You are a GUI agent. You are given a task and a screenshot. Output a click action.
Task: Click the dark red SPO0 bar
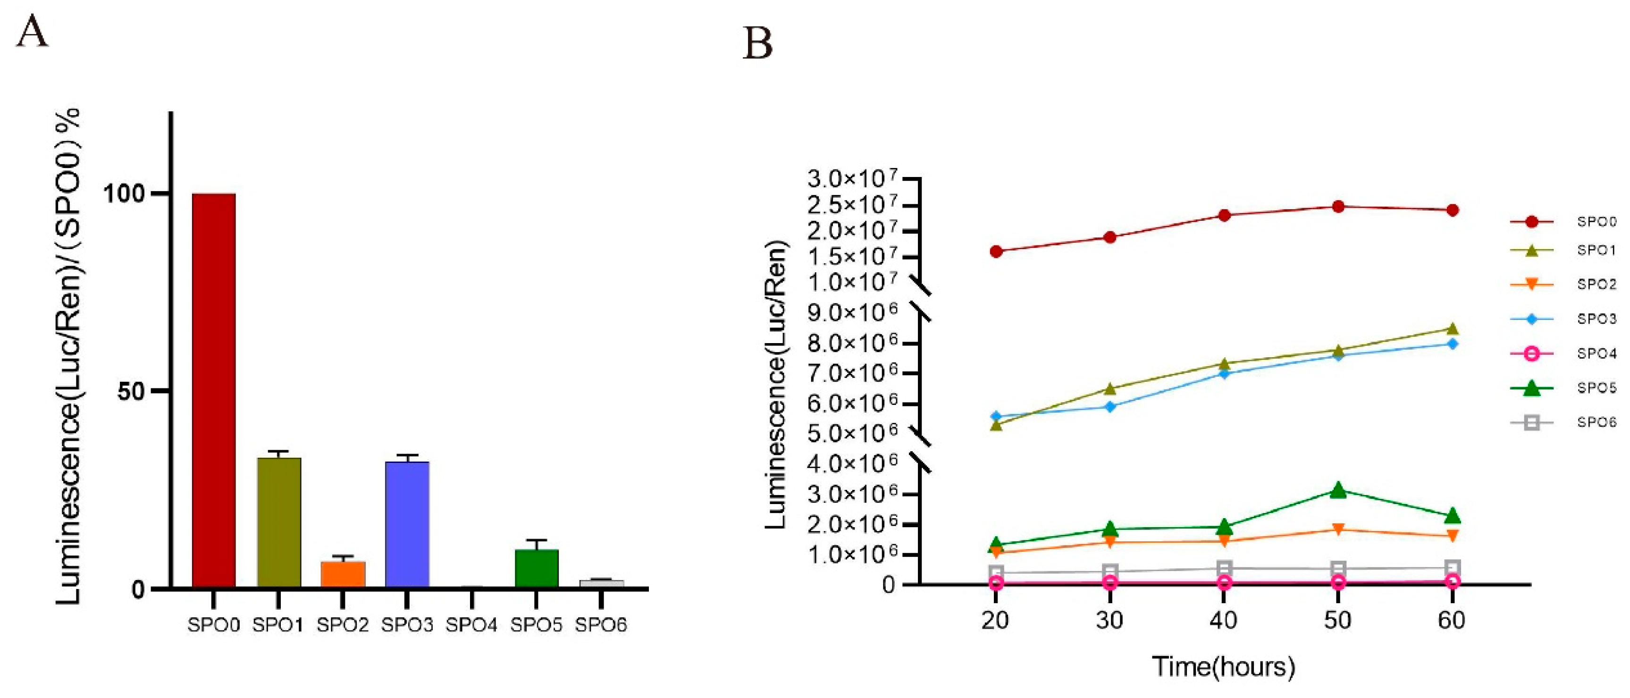(214, 390)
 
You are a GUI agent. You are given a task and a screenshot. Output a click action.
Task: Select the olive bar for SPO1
(278, 523)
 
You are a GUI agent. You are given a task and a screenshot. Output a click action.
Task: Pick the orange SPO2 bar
(343, 574)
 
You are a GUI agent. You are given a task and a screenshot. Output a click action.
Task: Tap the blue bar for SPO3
(408, 525)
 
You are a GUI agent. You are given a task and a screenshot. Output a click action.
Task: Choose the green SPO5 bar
(537, 568)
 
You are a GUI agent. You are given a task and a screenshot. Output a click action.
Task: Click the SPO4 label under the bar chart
(471, 625)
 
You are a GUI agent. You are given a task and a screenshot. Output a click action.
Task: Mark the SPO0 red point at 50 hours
(1338, 207)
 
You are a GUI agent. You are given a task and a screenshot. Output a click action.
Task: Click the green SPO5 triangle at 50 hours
(1338, 490)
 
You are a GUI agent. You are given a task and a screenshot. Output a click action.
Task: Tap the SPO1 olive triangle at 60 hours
(1452, 328)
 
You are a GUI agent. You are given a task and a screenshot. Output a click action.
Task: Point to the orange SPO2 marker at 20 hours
(996, 553)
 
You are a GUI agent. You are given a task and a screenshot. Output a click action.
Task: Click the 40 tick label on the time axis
(1223, 620)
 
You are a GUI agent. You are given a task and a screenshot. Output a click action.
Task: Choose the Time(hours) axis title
(1223, 666)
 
